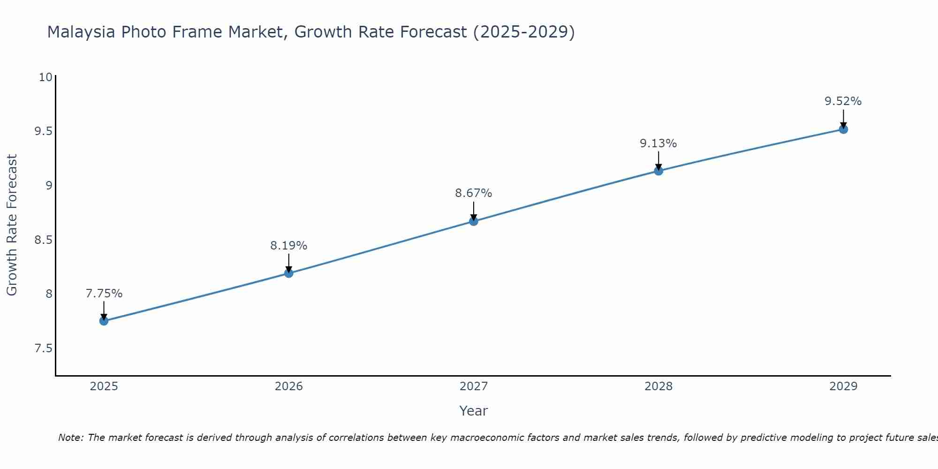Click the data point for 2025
(x=104, y=321)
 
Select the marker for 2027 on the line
(x=474, y=221)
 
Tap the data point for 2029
(x=843, y=129)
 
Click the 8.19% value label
(x=288, y=245)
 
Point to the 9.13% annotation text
(x=658, y=144)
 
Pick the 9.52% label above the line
(x=843, y=101)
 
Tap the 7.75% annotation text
(x=104, y=294)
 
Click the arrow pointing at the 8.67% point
(x=474, y=211)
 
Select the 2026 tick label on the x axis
(x=288, y=386)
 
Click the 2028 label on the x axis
(x=658, y=386)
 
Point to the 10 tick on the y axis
(x=45, y=77)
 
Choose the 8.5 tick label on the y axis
(x=43, y=240)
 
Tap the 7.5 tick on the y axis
(x=43, y=348)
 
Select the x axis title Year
(x=474, y=411)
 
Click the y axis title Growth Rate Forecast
(x=12, y=225)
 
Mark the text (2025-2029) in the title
(x=524, y=32)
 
